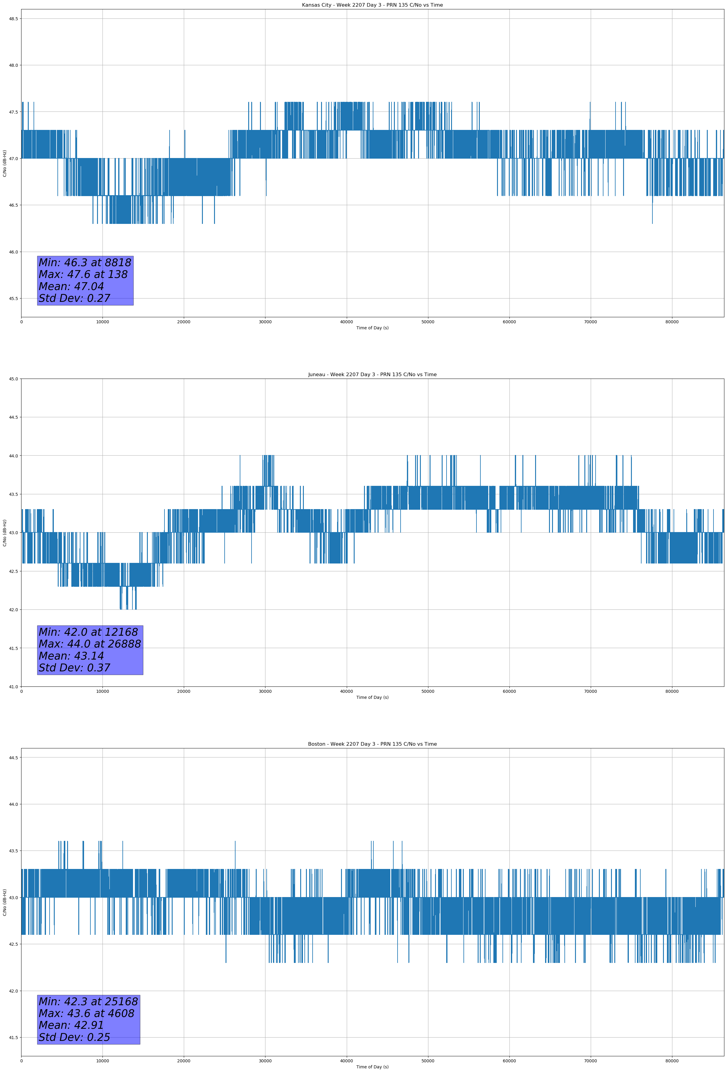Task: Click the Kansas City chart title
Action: (372, 5)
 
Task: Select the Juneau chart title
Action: (372, 375)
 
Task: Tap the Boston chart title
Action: (372, 744)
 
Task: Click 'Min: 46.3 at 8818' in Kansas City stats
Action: (85, 263)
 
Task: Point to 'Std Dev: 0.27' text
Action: (74, 299)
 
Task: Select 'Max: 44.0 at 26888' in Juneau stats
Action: (89, 644)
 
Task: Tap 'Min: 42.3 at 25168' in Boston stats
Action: (88, 1001)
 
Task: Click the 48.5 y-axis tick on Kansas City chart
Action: (13, 18)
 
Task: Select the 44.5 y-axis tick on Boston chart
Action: (13, 757)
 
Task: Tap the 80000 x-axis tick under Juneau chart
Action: (672, 691)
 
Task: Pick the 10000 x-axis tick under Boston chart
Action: (102, 1061)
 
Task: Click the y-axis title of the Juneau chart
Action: (5, 533)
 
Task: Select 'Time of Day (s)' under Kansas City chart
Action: (372, 328)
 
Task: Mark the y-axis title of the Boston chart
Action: (5, 902)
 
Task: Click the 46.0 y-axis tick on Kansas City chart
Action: (13, 252)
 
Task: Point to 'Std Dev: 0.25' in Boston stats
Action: (74, 1037)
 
